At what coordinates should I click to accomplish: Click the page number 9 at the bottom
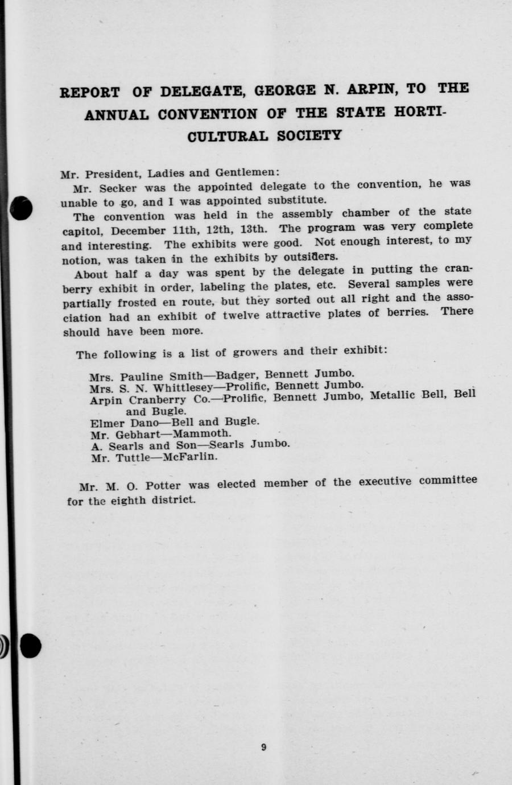point(263,747)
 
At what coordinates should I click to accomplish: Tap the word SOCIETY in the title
point(309,136)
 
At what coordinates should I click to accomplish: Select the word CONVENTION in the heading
point(208,114)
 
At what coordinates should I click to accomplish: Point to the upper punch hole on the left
point(22,208)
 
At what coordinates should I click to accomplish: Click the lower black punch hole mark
point(30,646)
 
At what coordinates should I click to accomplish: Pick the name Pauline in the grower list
point(141,376)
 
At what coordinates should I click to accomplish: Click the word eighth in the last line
point(128,501)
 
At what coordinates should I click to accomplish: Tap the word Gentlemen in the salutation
point(247,172)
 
